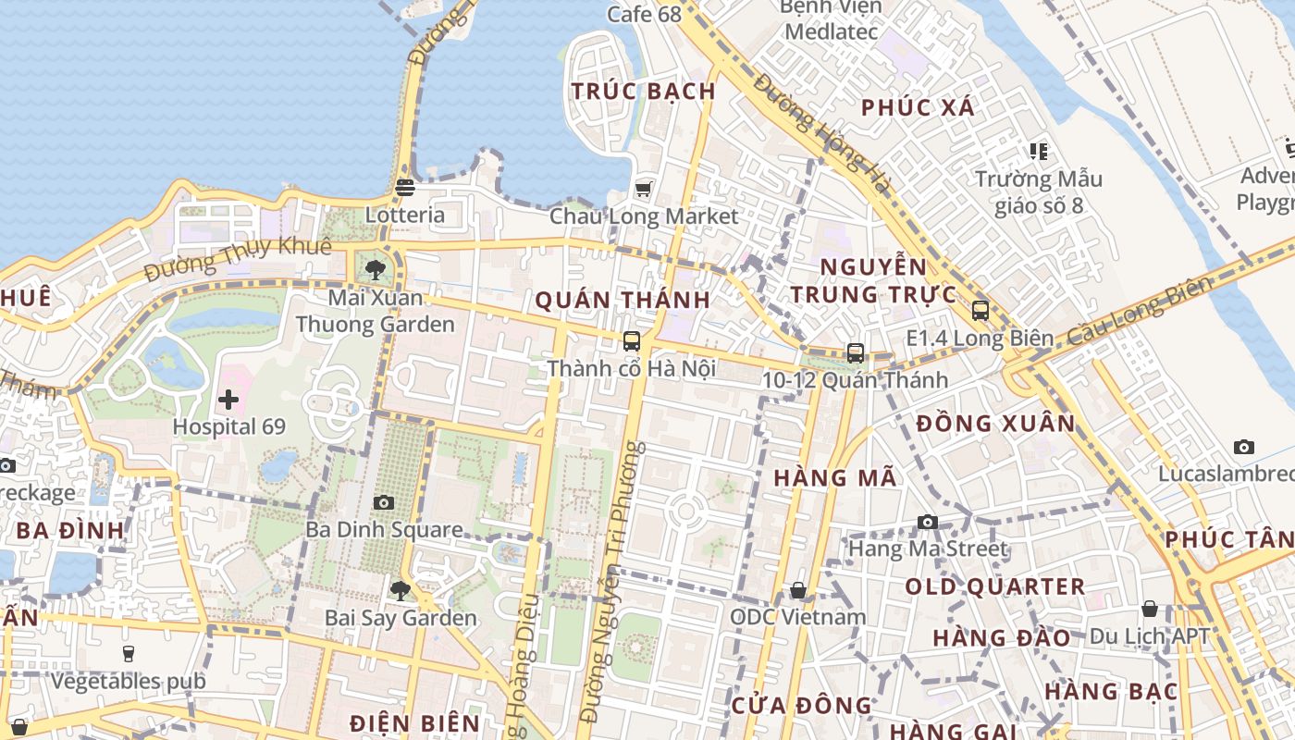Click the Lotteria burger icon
coord(404,188)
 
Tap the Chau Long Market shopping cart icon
coord(643,190)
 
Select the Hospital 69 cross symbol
coord(228,400)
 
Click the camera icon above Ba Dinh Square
coord(383,502)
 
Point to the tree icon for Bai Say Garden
coord(400,589)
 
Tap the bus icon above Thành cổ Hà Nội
coord(632,340)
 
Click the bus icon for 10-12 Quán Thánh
coord(856,352)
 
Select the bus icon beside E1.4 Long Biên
coord(980,311)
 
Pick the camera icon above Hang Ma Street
coord(928,522)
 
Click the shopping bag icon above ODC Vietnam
coord(798,590)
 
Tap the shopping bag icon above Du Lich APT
coord(1150,609)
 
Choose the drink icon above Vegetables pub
coord(128,653)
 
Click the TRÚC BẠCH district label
coord(643,92)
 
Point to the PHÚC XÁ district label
coord(918,107)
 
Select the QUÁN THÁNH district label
coord(623,300)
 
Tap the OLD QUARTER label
coord(994,586)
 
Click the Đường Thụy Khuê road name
coord(238,258)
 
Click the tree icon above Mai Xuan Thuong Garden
coord(375,269)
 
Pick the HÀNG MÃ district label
coord(835,478)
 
